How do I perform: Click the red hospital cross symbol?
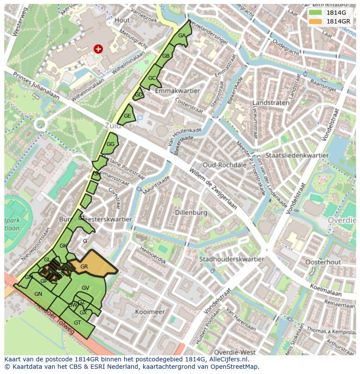coord(98,49)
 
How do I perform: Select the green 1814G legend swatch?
coord(315,13)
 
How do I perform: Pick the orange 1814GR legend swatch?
coord(315,21)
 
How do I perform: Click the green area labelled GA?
coord(182,36)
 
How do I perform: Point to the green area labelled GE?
coord(127,116)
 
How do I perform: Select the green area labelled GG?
coord(110,144)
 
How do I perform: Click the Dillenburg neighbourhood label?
coord(191,213)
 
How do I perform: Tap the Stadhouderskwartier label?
coord(231,259)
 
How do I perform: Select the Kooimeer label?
coord(150,312)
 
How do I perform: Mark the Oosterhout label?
coord(323,262)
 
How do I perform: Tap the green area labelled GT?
coord(77,323)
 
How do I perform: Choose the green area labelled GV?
coord(85,288)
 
